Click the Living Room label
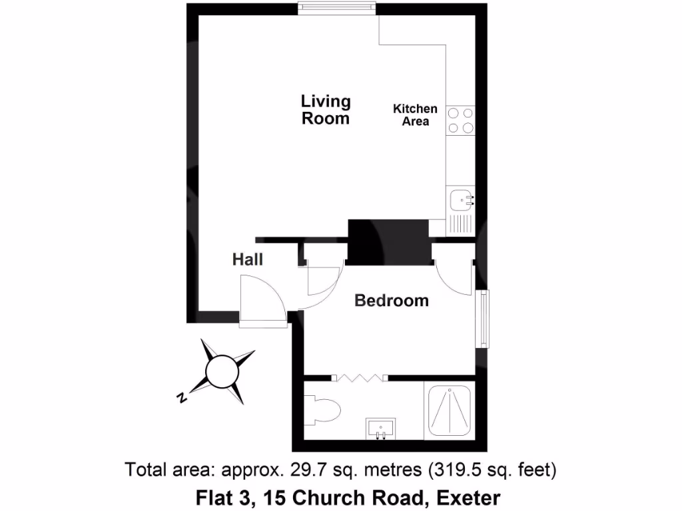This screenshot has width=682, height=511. tap(326, 110)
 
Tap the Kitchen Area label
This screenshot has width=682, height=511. tap(415, 115)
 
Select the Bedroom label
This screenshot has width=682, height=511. tap(392, 301)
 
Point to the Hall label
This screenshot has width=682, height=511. tap(247, 259)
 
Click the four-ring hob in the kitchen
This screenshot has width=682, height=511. tap(460, 120)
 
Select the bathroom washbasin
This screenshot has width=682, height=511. tap(380, 427)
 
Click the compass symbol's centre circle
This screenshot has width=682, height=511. tap(220, 371)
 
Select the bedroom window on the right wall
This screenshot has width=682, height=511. tap(483, 319)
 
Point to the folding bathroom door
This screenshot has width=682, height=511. tap(360, 378)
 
